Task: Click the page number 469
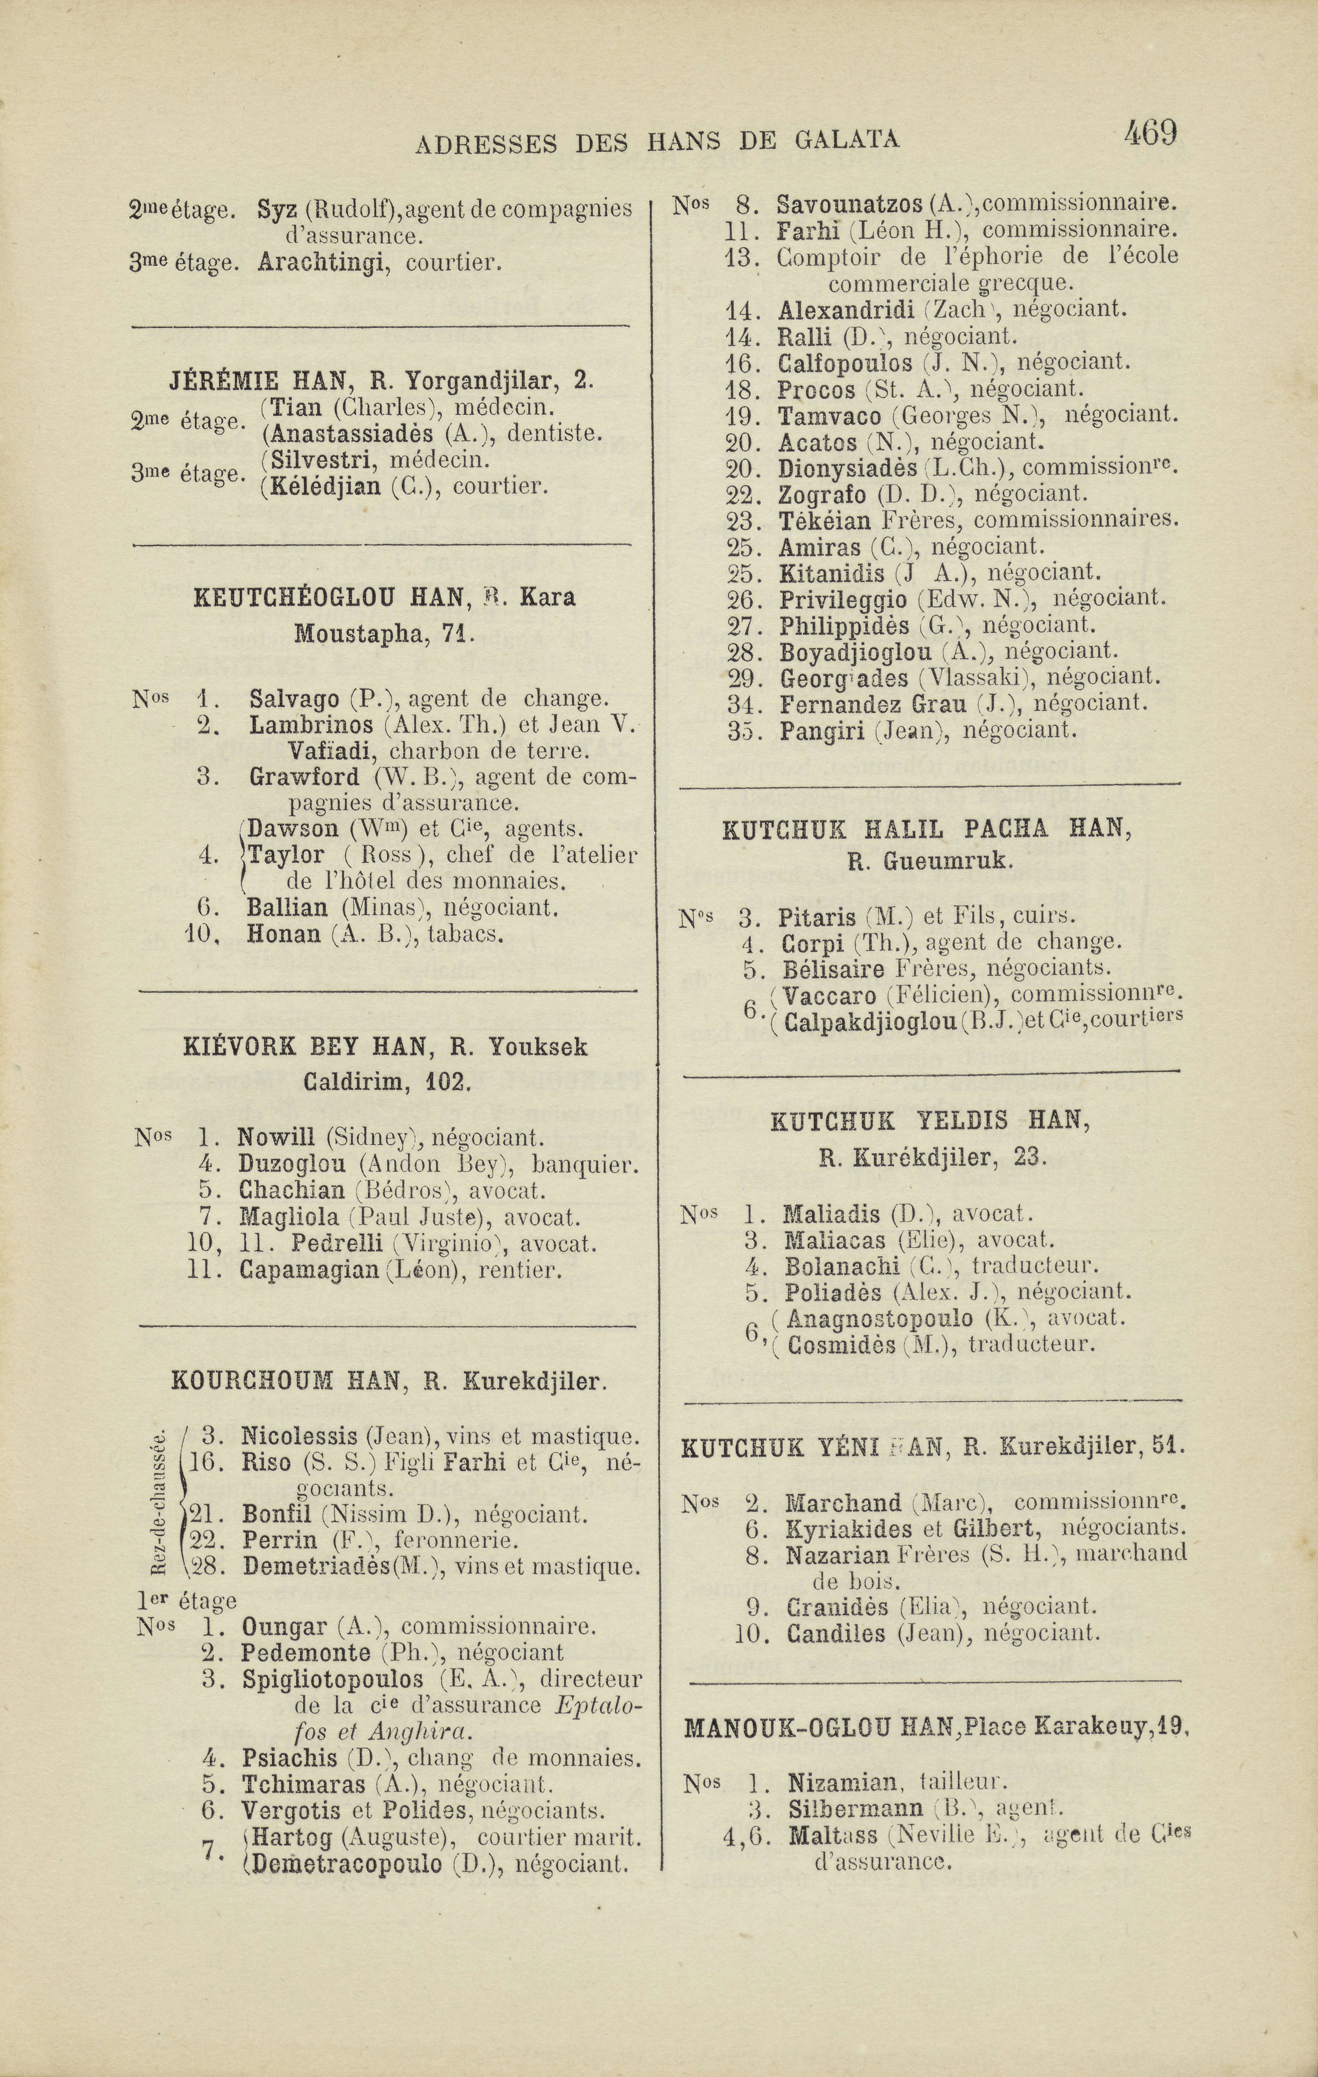[x=1151, y=134]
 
